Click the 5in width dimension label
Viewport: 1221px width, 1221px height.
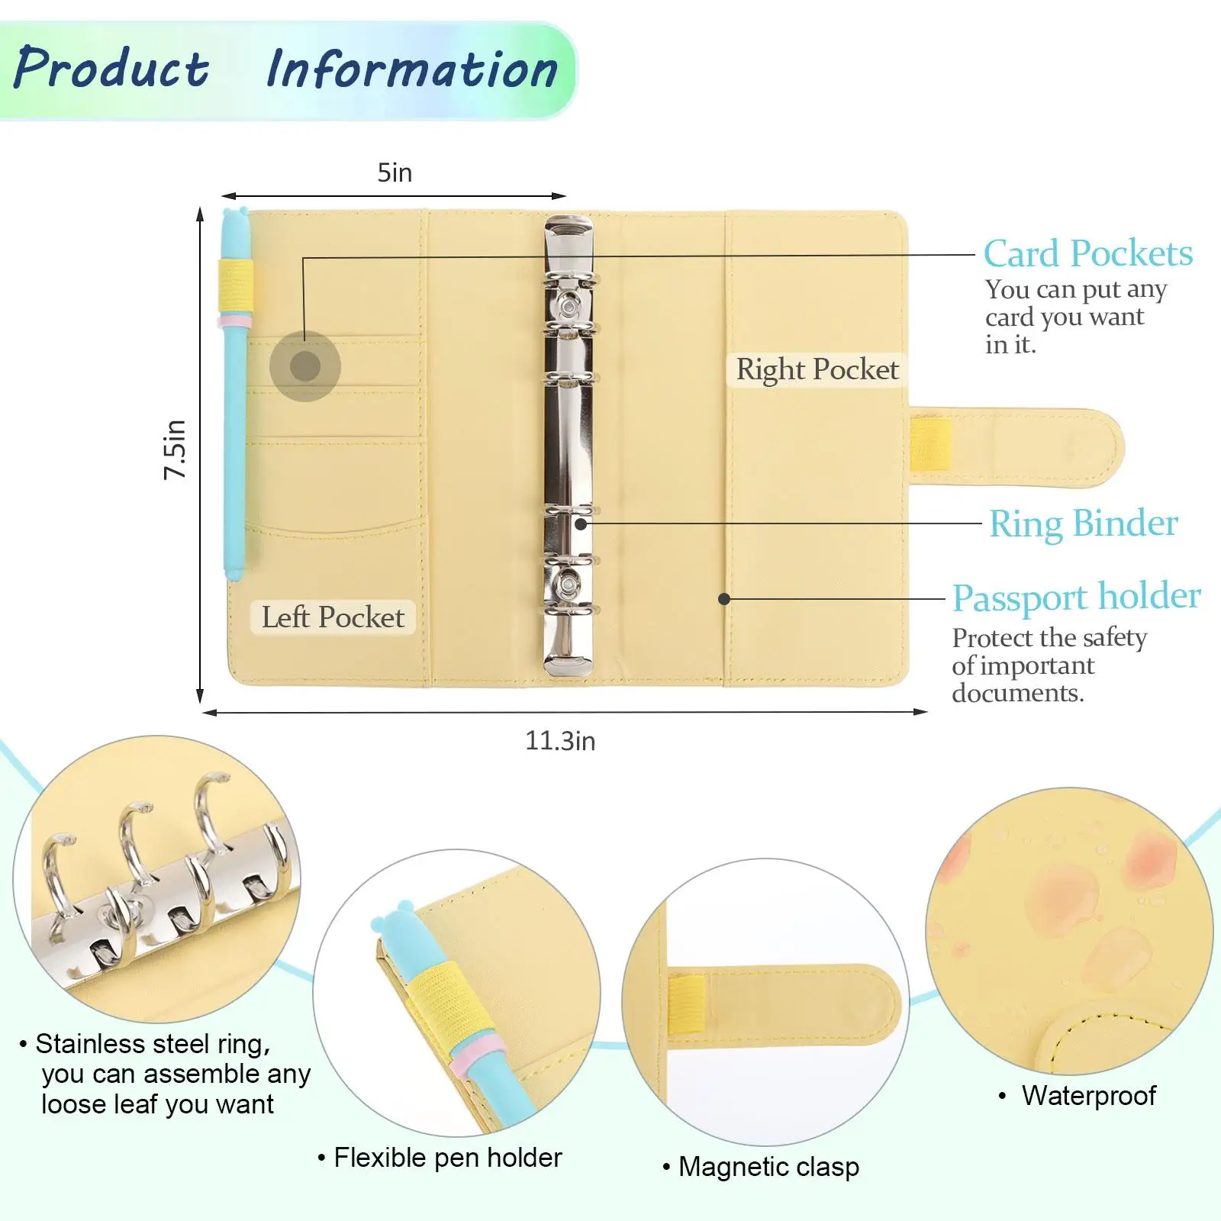pyautogui.click(x=395, y=173)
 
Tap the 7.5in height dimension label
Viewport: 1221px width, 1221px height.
pyautogui.click(x=175, y=449)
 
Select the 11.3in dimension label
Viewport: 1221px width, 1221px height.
pyautogui.click(x=560, y=741)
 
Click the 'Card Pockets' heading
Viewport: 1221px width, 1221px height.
pyautogui.click(x=1087, y=253)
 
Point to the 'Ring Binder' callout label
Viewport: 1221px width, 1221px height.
pyautogui.click(x=1083, y=524)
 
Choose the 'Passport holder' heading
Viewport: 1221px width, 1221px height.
pyautogui.click(x=1076, y=597)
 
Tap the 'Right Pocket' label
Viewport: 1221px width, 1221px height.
pyautogui.click(x=817, y=370)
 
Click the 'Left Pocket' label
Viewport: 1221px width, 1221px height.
pyautogui.click(x=333, y=617)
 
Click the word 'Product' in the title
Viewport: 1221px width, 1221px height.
pyautogui.click(x=111, y=69)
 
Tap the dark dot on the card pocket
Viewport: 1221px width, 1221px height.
pyautogui.click(x=305, y=366)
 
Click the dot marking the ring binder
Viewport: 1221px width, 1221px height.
pyautogui.click(x=581, y=524)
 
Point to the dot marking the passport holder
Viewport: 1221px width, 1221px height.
pyautogui.click(x=724, y=599)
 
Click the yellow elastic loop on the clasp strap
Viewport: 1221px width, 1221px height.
pyautogui.click(x=930, y=443)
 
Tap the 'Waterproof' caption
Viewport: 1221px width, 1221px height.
pyautogui.click(x=1088, y=1096)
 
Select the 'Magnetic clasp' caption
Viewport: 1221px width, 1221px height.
pyautogui.click(x=768, y=1167)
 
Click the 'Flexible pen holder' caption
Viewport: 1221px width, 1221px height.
pyautogui.click(x=447, y=1158)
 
